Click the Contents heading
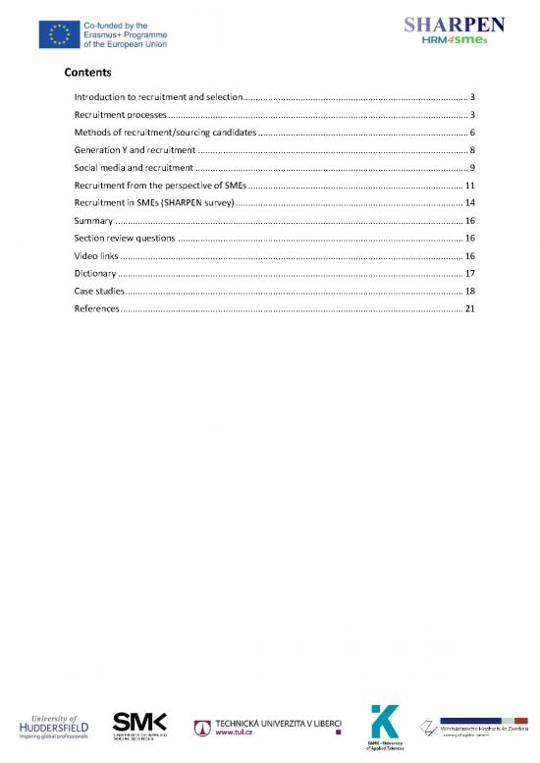(x=87, y=73)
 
